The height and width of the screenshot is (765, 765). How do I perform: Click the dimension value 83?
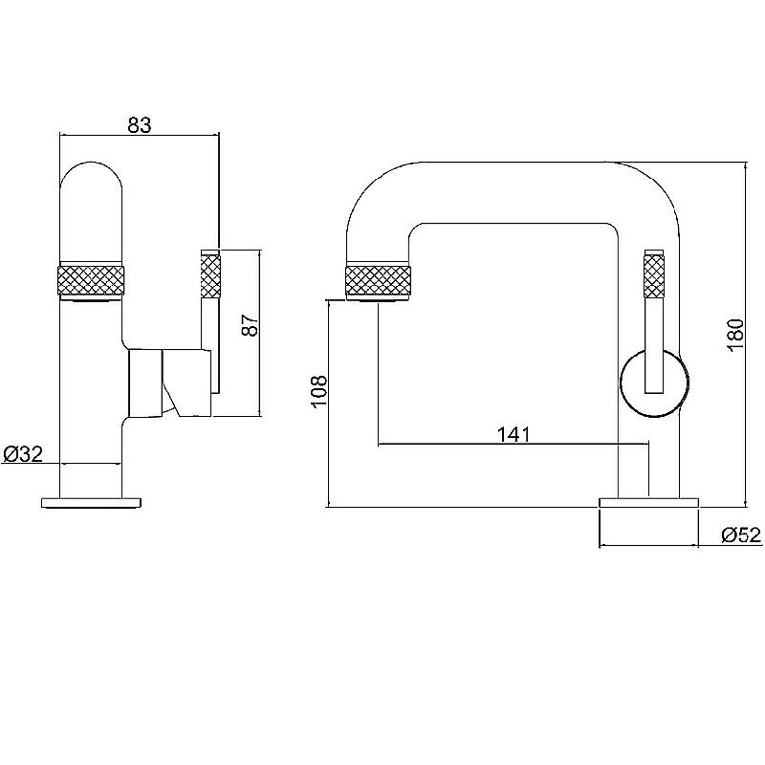point(140,125)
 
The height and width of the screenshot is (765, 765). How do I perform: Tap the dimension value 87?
point(250,324)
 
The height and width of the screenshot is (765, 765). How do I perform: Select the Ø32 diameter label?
point(23,454)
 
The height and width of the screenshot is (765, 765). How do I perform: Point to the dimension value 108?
point(318,392)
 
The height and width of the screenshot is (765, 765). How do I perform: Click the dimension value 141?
point(514,434)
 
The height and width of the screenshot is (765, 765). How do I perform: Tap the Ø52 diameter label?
point(742,535)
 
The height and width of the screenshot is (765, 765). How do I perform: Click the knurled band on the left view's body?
point(91,279)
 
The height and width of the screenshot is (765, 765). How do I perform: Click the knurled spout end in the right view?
point(378,279)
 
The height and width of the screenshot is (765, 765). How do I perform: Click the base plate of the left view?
point(92,503)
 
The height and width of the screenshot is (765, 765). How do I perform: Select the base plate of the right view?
point(648,503)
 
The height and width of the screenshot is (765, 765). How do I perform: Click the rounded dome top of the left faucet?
point(91,186)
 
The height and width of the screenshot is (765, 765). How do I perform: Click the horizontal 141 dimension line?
point(514,444)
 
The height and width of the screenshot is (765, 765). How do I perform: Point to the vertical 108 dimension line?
point(329,404)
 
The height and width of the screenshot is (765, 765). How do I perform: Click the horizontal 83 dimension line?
point(140,135)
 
